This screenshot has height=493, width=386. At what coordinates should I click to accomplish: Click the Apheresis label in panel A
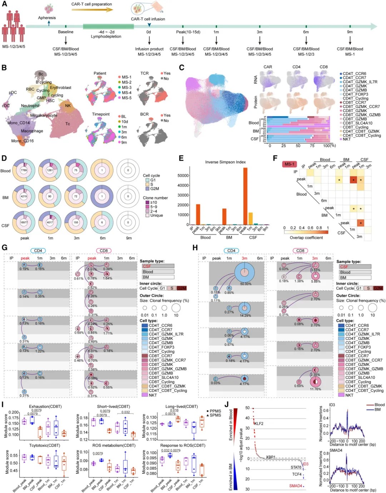(x=47, y=18)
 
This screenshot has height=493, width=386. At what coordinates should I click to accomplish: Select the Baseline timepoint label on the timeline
(x=66, y=32)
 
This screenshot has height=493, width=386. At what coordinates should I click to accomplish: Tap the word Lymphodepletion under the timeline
(x=106, y=36)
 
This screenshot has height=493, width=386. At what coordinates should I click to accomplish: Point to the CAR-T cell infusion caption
(x=148, y=19)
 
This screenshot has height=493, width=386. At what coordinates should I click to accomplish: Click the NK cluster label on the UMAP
(x=68, y=106)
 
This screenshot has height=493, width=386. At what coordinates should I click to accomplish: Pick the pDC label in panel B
(x=13, y=92)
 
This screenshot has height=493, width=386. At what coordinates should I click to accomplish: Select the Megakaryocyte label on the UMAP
(x=44, y=116)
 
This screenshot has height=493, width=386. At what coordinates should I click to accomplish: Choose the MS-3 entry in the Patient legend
(x=127, y=87)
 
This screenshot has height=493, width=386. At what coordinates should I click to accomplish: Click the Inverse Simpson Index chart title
(x=225, y=162)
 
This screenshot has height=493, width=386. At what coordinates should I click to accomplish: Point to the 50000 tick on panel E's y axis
(x=183, y=176)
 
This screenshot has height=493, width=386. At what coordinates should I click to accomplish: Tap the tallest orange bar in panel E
(x=245, y=196)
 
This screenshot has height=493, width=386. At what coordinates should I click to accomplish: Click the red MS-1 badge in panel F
(x=289, y=164)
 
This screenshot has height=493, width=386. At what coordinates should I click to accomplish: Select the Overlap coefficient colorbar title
(x=306, y=238)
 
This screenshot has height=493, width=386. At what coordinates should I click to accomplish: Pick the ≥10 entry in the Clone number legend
(x=154, y=202)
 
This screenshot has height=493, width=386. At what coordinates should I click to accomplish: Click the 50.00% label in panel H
(x=246, y=284)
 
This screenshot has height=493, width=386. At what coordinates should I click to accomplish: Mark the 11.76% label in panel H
(x=315, y=389)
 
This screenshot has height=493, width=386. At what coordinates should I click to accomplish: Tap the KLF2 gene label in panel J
(x=258, y=424)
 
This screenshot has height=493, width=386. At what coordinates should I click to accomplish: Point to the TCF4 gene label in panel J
(x=297, y=474)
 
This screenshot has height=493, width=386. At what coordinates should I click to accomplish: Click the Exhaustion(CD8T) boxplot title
(x=45, y=406)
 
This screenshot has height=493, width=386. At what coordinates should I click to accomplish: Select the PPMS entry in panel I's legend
(x=215, y=411)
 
